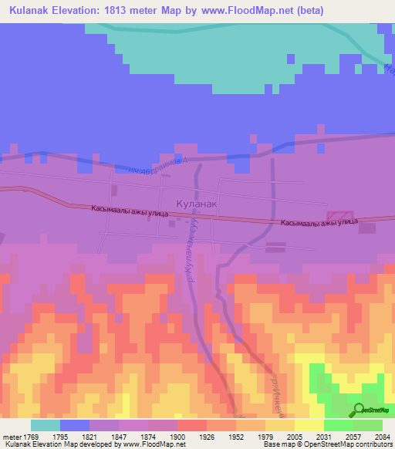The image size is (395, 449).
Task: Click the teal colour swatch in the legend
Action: point(46,424)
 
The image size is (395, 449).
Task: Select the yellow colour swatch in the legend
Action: point(309,424)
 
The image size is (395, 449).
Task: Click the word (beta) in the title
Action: point(305,11)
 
